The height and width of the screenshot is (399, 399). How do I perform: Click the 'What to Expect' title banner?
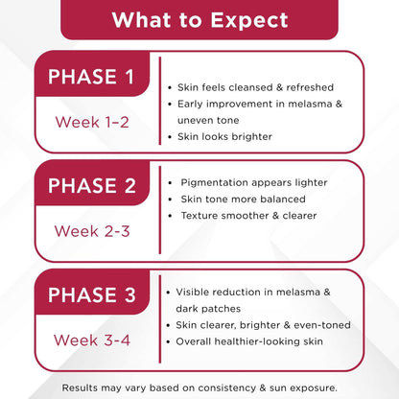pos(199,20)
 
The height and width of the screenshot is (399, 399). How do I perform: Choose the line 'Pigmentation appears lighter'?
pos(254,182)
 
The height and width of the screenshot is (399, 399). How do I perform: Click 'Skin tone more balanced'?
pos(243,199)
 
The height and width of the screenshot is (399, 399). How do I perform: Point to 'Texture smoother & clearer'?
pos(248,215)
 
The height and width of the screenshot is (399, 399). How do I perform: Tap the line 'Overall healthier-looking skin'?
pos(248,341)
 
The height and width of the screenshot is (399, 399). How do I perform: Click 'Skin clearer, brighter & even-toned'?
pos(262,324)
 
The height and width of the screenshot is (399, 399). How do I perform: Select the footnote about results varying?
pos(199,387)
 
